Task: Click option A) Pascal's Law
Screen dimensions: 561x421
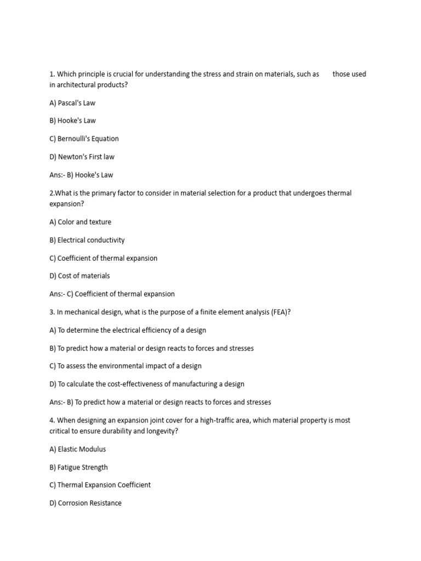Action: (x=72, y=103)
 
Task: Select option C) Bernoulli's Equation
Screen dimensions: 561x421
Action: (x=84, y=139)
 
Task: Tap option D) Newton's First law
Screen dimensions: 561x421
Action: (x=82, y=157)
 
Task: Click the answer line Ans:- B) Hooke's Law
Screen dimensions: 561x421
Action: (x=81, y=175)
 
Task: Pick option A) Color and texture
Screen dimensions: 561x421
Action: (x=80, y=222)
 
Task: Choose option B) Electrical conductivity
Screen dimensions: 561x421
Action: (x=87, y=240)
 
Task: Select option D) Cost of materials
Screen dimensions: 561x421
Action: (x=79, y=276)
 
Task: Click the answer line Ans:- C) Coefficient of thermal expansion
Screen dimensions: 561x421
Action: (x=112, y=294)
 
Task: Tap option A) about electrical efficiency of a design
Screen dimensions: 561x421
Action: (x=128, y=330)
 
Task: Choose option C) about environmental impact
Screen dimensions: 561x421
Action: (x=126, y=366)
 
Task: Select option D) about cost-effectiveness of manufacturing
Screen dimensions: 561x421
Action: (x=147, y=384)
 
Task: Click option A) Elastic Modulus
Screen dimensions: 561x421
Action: (x=77, y=449)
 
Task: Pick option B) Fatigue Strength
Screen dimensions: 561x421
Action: (x=78, y=467)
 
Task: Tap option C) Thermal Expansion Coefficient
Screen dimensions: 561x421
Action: (x=100, y=485)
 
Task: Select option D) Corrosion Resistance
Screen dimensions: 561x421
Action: (x=86, y=503)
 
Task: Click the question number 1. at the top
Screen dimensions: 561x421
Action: (x=52, y=74)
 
